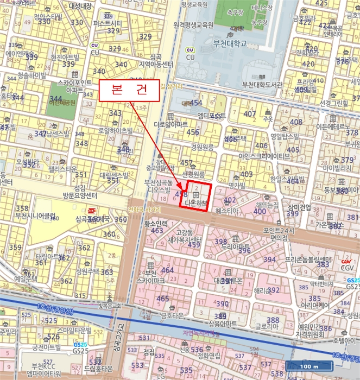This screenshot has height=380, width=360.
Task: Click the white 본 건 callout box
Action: pyautogui.click(x=128, y=90)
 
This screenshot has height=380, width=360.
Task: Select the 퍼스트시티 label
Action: pyautogui.click(x=108, y=23)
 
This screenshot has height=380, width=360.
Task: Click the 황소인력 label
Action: pyautogui.click(x=154, y=223)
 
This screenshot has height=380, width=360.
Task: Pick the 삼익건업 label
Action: pyautogui.click(x=300, y=207)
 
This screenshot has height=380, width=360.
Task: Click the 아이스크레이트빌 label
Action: pyautogui.click(x=264, y=156)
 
